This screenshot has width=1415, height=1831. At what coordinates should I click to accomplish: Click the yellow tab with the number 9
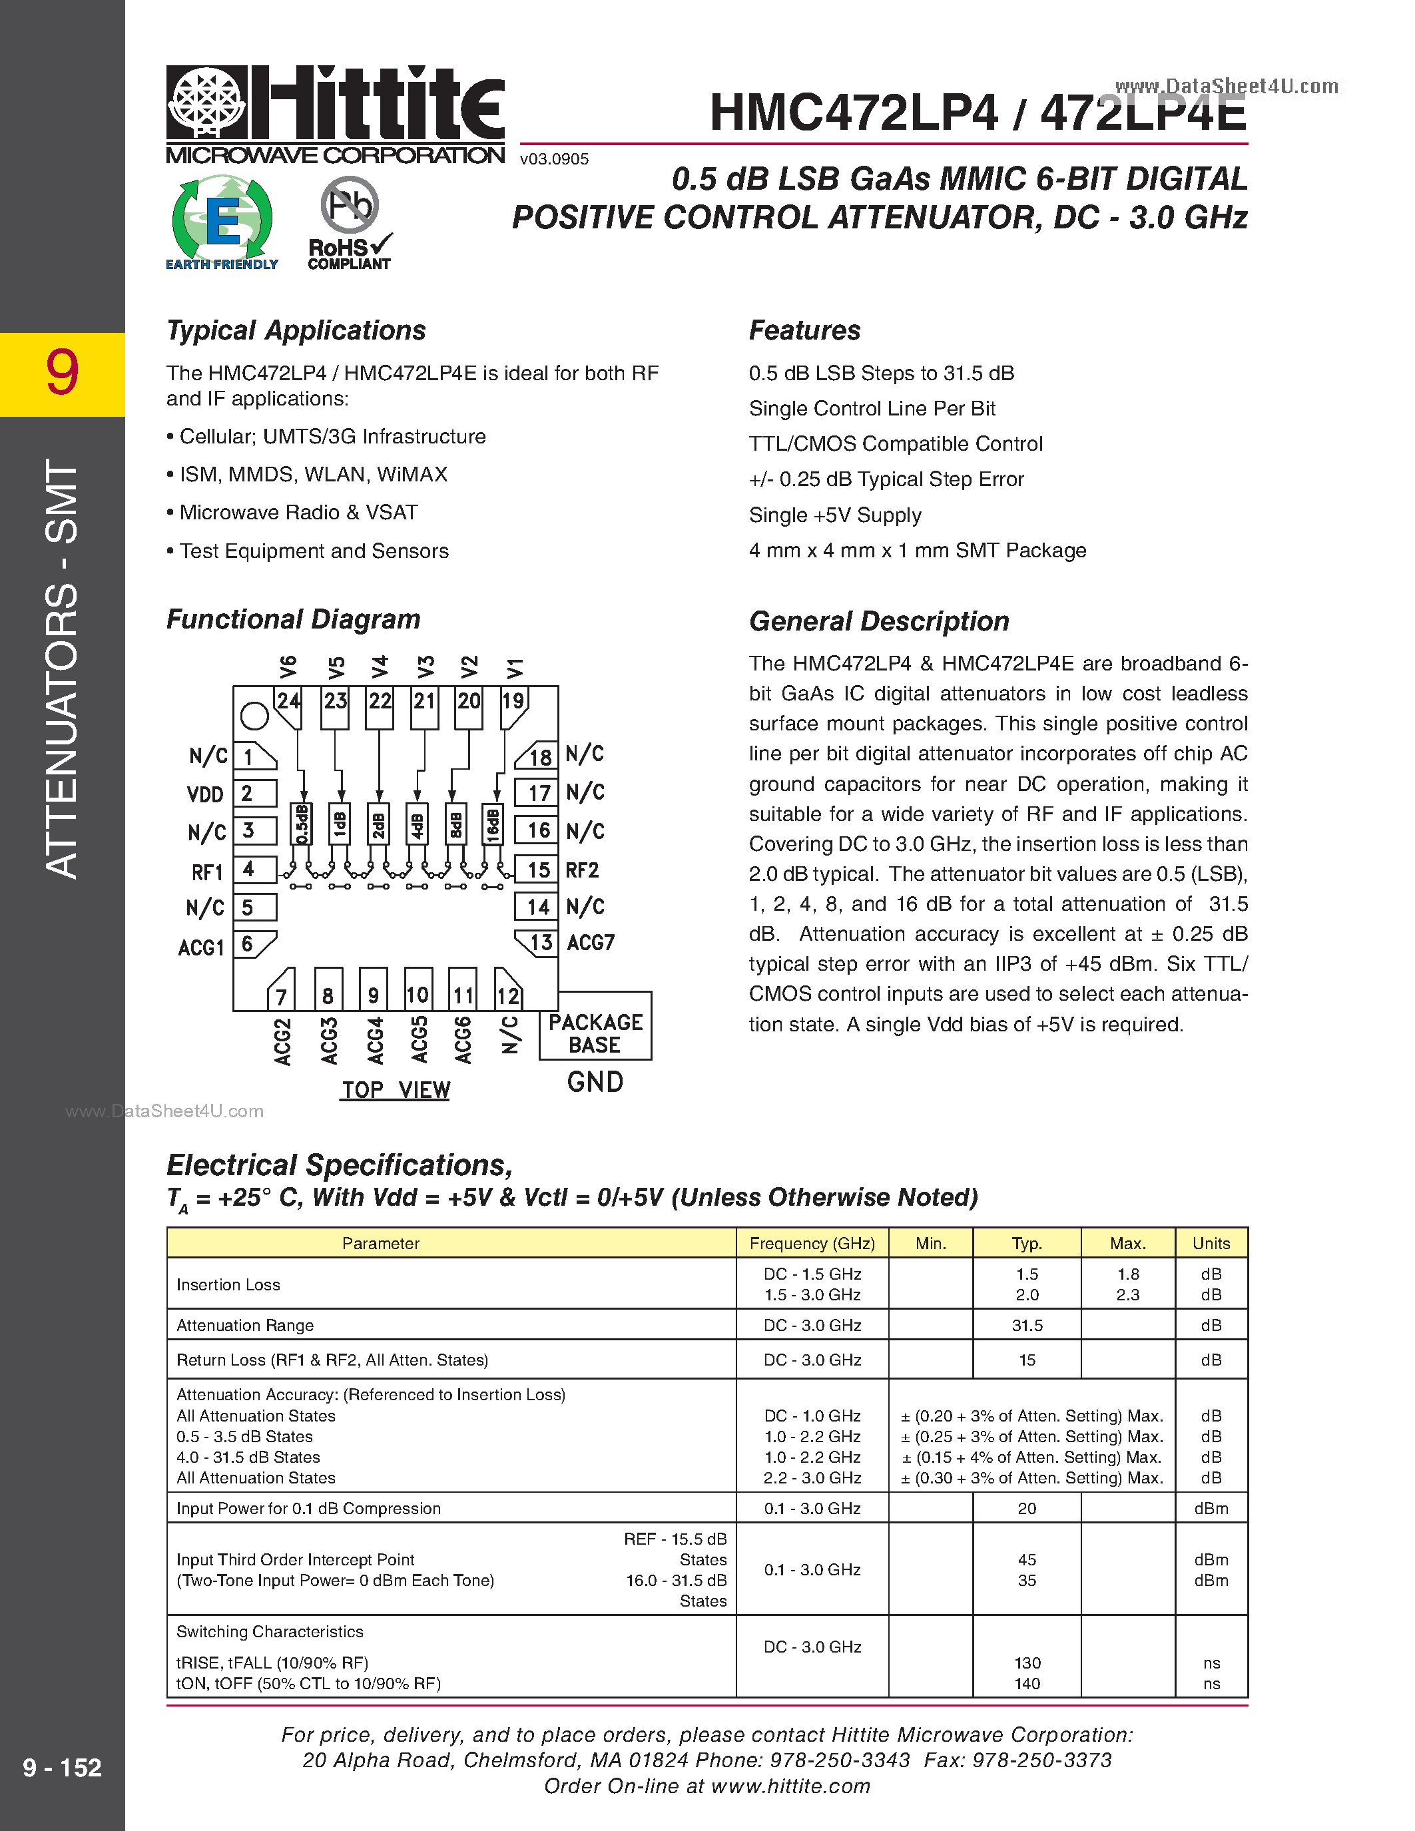point(62,374)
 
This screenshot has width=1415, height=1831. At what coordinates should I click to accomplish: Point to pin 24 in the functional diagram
point(288,701)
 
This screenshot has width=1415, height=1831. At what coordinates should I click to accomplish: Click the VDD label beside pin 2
point(205,794)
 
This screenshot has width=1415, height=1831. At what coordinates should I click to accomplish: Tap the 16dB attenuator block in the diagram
point(493,825)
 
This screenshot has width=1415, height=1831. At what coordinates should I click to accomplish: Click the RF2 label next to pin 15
point(583,870)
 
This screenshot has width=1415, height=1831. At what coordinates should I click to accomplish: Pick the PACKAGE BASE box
point(595,1033)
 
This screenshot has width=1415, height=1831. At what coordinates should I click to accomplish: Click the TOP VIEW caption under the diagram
point(396,1090)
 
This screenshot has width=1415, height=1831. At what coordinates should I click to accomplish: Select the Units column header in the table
point(1211,1243)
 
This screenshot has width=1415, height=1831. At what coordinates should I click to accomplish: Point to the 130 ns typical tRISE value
point(1027,1663)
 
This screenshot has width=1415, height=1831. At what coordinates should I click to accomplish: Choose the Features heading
point(804,330)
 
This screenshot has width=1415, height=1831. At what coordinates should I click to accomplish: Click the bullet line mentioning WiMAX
point(313,475)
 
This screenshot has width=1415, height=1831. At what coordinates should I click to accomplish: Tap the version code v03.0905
point(554,159)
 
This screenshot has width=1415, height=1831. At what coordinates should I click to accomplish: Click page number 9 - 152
point(62,1767)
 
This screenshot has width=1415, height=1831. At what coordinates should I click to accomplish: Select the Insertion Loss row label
point(228,1284)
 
